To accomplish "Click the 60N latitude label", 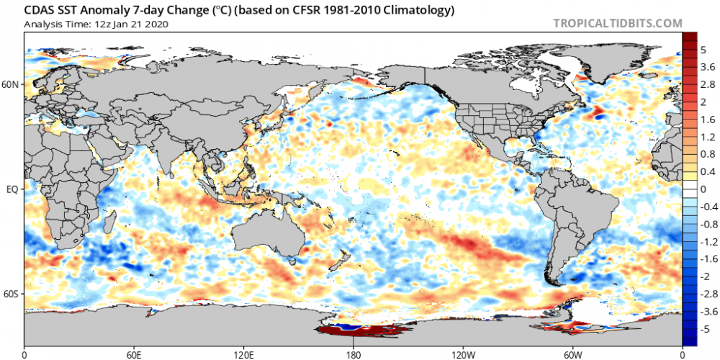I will [11, 84].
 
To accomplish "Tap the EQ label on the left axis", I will [12, 189].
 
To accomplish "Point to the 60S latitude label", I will [11, 294].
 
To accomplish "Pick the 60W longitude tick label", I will [572, 354].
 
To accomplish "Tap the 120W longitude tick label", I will [463, 354].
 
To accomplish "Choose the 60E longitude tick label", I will [134, 354].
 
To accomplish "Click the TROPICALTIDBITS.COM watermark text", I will [617, 23].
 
